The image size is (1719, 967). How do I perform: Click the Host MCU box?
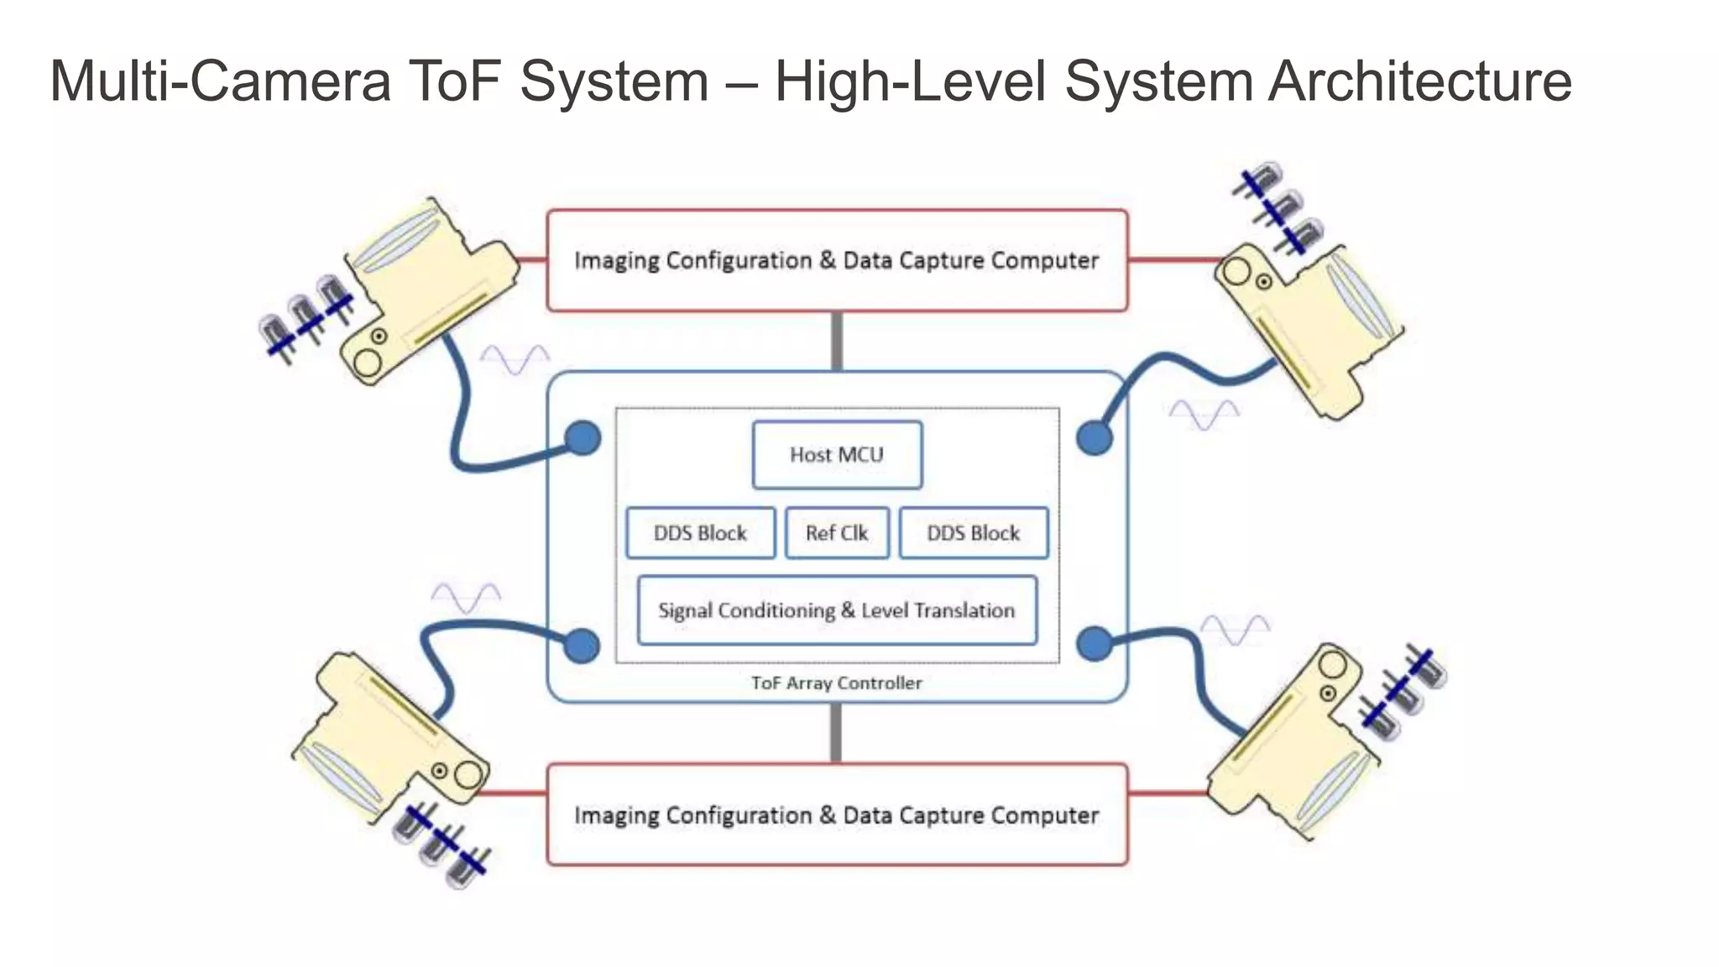point(837,455)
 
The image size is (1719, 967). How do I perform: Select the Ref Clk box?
point(837,533)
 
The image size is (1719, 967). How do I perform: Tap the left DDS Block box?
point(700,533)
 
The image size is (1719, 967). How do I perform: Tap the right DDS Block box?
point(973,533)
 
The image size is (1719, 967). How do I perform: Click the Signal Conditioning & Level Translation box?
point(837,610)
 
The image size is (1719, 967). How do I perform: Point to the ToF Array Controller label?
point(837,683)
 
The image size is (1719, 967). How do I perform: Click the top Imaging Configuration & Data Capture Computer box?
point(837,260)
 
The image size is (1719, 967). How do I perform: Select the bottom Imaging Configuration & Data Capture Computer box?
point(837,815)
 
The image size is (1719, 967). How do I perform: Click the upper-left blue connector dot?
point(583,437)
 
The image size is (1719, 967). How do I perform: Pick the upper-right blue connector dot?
point(1094,437)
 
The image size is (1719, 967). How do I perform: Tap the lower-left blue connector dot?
point(582,646)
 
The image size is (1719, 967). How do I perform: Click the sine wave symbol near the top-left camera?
point(515,360)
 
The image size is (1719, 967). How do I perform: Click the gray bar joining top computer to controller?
point(837,341)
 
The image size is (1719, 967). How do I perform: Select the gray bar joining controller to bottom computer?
point(836,733)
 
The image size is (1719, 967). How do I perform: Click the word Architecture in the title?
point(1419,81)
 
